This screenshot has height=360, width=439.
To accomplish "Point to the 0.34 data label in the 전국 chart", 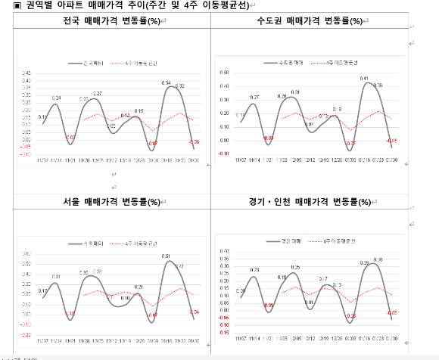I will coord(166,82).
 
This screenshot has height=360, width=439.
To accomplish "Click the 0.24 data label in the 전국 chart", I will coord(57,98).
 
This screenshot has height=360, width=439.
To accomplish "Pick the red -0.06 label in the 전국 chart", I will coord(195,142).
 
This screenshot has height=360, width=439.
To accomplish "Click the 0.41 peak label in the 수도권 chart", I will coord(364,78).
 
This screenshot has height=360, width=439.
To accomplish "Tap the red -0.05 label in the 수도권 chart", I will coord(392,140).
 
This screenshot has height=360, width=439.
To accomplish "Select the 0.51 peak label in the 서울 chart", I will coord(166,256).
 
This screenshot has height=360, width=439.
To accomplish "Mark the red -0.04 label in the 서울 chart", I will coord(194,312).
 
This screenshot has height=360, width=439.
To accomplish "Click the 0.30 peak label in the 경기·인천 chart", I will coord(377,259).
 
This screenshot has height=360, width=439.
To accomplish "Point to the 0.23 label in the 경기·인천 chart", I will coord(255,269).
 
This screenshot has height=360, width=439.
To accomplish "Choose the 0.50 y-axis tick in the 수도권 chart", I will coord(224,73).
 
